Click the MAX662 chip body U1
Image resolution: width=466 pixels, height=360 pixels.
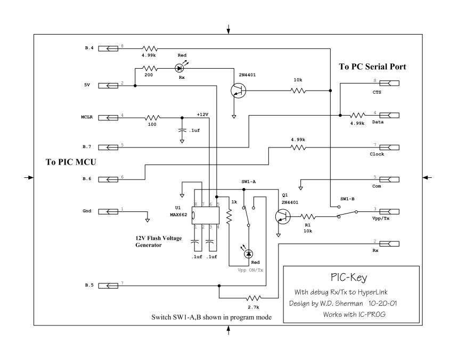pos(208,216)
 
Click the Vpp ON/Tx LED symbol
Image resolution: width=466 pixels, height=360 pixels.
pos(249,255)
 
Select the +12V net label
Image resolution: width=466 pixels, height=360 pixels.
pos(203,114)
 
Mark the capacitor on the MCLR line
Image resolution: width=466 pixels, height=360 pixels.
pos(182,130)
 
